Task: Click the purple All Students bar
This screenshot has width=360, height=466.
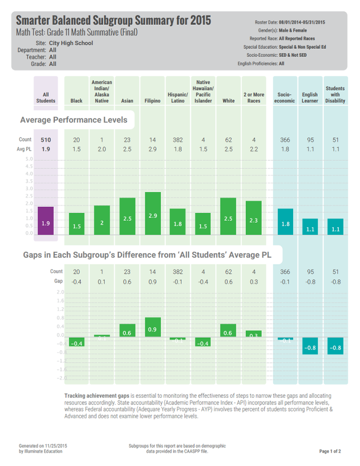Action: tap(46, 221)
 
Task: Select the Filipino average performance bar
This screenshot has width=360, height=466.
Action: tap(153, 214)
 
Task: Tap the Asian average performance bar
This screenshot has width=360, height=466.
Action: tap(127, 216)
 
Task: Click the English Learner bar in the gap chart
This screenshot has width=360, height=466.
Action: tap(310, 346)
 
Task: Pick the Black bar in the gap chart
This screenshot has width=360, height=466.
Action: tap(76, 343)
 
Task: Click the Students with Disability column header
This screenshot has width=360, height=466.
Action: tap(335, 94)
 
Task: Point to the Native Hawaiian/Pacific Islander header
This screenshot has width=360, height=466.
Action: tap(203, 91)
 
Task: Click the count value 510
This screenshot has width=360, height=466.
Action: tap(46, 140)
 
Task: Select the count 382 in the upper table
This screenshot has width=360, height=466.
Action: tap(177, 140)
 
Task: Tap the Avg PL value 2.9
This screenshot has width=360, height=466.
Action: tap(153, 150)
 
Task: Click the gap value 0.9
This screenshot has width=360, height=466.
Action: tap(153, 281)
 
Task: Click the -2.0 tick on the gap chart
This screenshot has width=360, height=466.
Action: tap(61, 378)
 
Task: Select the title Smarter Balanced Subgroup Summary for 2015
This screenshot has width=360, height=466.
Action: tap(113, 20)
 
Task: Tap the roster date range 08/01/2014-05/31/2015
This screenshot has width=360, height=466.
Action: tap(302, 22)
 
